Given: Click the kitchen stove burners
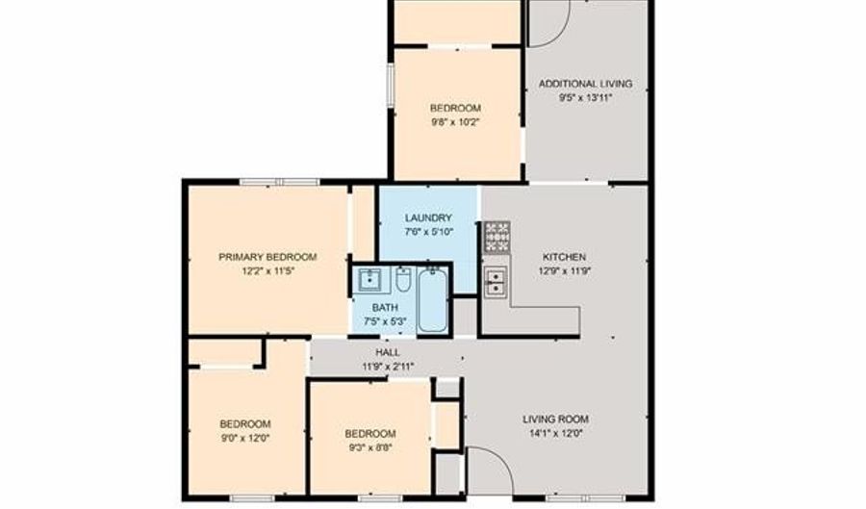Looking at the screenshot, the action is point(497,237).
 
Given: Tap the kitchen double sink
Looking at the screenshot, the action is point(496,282).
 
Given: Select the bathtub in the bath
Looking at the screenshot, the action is point(432,300).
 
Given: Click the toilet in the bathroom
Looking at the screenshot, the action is point(403,279).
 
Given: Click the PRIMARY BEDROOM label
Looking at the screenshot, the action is point(267,257).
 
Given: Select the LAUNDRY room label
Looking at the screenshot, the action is point(428,218).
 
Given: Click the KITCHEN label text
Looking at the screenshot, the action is point(564,257).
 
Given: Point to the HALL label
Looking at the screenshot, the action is point(388,352).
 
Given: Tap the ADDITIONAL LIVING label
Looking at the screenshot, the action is point(585,84).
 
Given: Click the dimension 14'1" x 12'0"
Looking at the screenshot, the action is point(555,433).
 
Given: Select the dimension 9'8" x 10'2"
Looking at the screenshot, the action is point(456,122).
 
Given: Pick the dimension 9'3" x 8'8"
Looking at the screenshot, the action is point(370,447).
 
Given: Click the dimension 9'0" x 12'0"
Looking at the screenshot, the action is point(245,439).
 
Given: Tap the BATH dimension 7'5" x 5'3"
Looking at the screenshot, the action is point(385,321).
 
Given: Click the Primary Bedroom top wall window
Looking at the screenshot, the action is point(279,182).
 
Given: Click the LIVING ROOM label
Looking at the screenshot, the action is point(555,419).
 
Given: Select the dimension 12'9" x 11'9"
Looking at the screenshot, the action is point(565,271).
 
